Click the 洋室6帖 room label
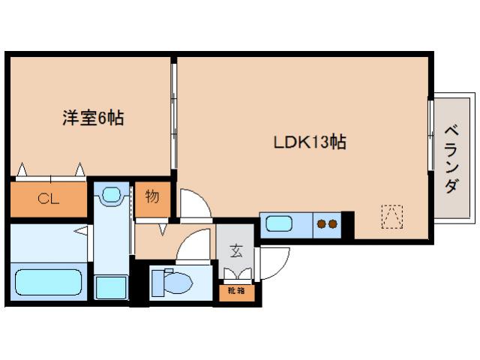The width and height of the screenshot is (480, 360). point(93,118)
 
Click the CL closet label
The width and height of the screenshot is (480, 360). point(49,199)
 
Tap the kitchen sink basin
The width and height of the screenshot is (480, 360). point(280,224)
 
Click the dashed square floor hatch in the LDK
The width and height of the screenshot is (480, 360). point(391,216)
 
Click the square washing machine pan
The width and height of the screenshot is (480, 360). point(111,286)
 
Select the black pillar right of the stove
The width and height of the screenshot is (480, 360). point(346,223)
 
